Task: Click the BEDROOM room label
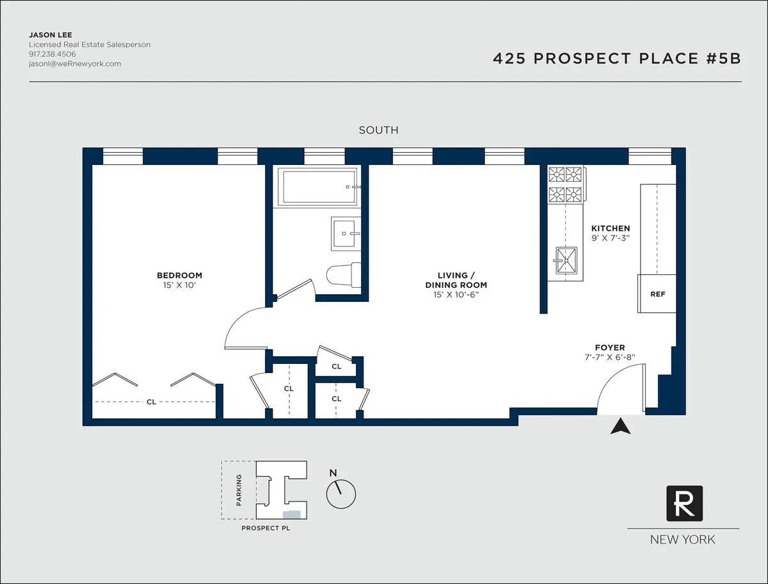(x=179, y=276)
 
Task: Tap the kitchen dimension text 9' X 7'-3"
(x=610, y=238)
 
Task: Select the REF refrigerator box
(x=657, y=294)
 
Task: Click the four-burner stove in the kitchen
(x=566, y=184)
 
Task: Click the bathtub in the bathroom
(x=317, y=186)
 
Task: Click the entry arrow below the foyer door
(x=620, y=427)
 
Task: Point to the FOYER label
(x=609, y=348)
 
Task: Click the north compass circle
(x=341, y=493)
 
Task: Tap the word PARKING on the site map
(x=239, y=489)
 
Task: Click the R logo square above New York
(x=684, y=503)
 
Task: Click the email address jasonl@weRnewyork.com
(x=75, y=64)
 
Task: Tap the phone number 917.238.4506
(x=52, y=54)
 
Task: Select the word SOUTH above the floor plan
(x=378, y=130)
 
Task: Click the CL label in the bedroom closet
(x=151, y=402)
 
